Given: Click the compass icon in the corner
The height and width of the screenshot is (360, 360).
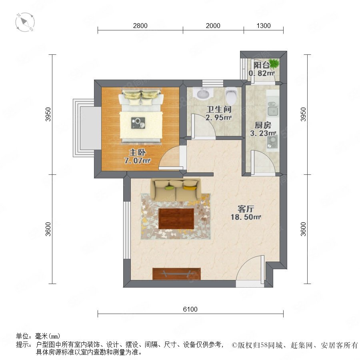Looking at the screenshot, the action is pos(25,22).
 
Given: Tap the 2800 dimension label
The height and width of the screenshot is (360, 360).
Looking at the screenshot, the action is pos(140,26).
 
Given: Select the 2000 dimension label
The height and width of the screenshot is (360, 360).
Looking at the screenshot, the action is pos(213,26).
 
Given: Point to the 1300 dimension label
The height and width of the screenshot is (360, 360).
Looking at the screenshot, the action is pos(264,26).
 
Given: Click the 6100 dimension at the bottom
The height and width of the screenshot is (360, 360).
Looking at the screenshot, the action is pos(190,309).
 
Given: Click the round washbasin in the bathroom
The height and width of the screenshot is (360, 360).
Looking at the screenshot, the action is pos(203,94).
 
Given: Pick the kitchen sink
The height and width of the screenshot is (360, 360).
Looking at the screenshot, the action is pos(273,108).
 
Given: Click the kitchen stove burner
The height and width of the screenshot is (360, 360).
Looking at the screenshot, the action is pos(272,142).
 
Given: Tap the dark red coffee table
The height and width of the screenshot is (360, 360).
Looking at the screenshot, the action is pos(176,218).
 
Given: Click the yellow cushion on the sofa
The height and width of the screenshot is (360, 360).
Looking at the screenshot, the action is pos(190,188).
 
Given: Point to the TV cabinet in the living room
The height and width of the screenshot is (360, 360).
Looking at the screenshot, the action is pos(176,274).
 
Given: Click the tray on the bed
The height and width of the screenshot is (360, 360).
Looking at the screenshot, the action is pos(138,123).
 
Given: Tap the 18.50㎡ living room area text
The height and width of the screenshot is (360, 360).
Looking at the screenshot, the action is pos(246,217).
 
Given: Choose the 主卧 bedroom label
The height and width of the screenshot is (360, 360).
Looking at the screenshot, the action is pos(137,152).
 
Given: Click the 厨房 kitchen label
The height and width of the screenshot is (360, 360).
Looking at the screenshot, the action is pos(263,125).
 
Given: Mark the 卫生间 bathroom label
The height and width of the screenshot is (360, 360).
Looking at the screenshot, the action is pos(218,109).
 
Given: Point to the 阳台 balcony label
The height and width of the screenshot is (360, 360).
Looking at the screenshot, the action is pos(262,65).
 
